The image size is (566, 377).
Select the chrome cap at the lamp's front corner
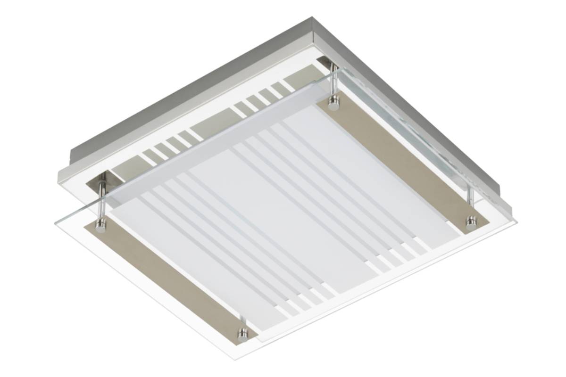(x=242, y=336)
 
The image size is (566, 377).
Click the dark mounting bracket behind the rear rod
(x=325, y=61)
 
